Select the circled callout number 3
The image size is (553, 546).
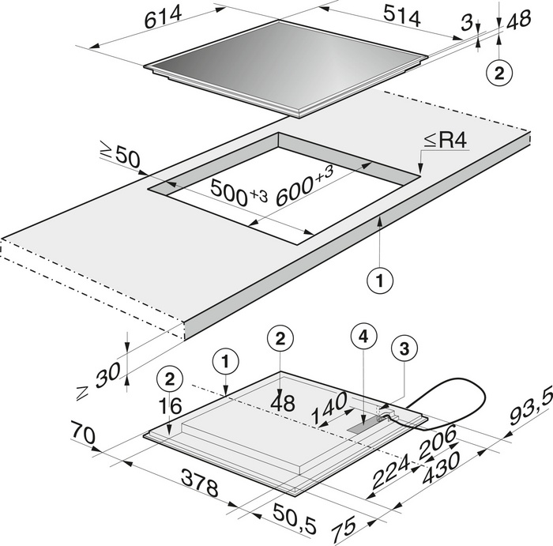pos(403,348)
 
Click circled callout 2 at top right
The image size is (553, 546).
pos(498,74)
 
